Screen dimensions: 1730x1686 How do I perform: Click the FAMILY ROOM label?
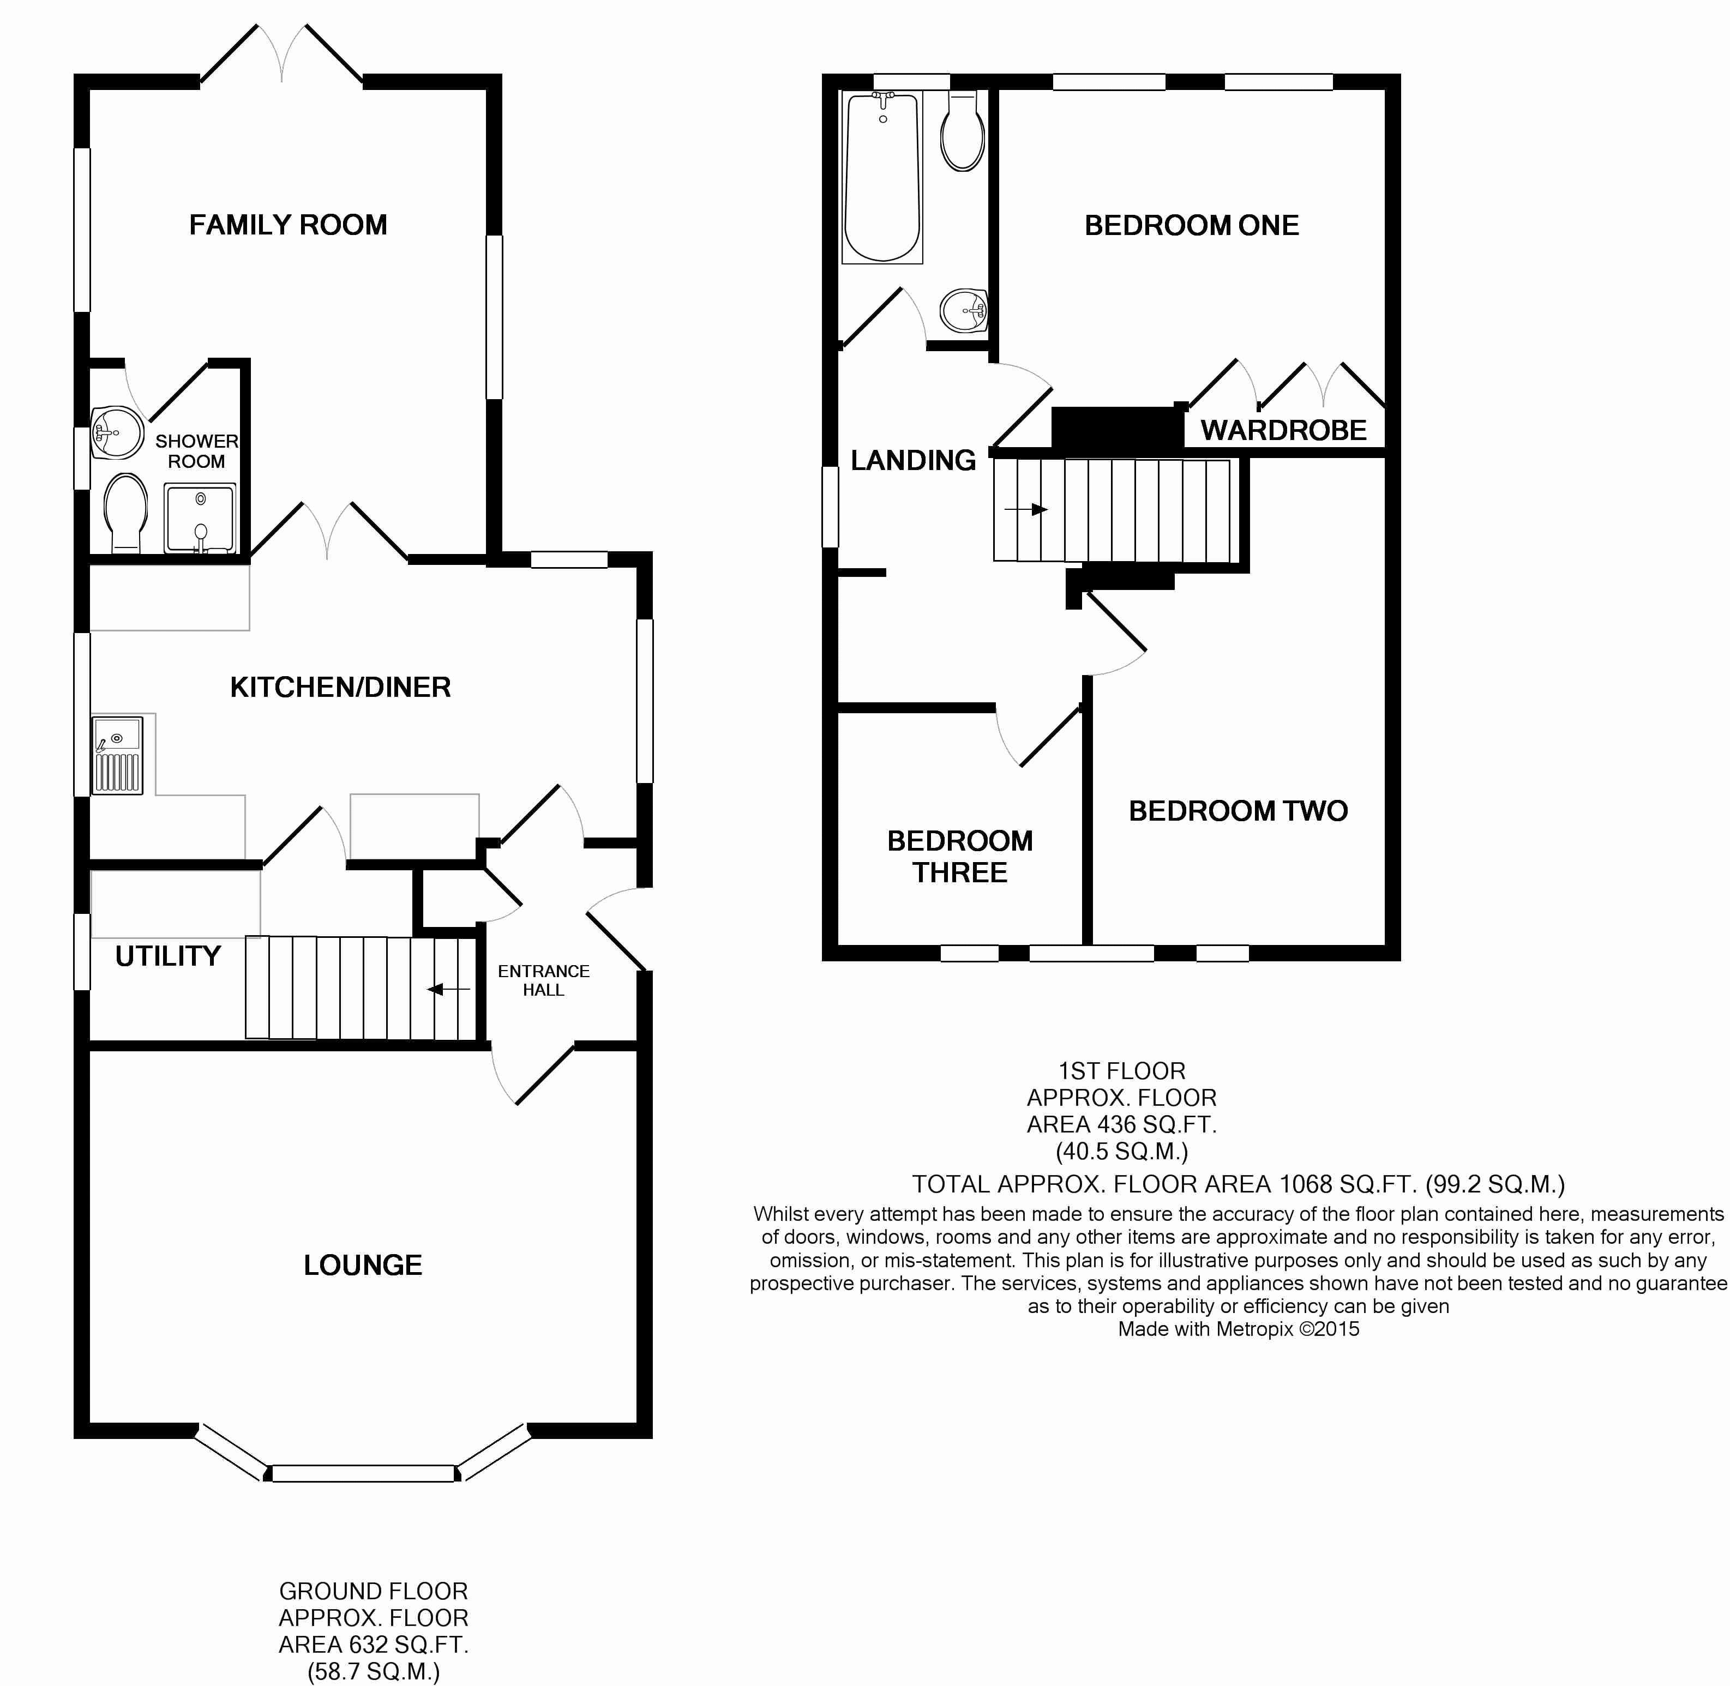point(288,225)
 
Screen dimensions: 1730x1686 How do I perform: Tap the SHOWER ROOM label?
point(197,451)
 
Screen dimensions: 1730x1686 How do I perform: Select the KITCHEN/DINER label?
point(340,687)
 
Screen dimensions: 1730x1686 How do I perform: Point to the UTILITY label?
point(167,956)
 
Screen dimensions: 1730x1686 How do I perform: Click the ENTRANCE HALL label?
point(543,980)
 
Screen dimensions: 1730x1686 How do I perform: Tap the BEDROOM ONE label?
point(1192,226)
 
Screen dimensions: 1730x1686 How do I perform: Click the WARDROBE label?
point(1283,430)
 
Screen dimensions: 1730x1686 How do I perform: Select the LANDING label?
point(914,460)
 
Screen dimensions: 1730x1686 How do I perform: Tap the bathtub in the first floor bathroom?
point(882,177)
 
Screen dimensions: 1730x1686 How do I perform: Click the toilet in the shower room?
point(125,514)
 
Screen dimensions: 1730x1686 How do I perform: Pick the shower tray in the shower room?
point(200,518)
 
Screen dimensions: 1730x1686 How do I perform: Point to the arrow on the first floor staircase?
point(1026,509)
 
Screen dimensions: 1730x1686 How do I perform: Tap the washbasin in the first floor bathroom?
point(964,311)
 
